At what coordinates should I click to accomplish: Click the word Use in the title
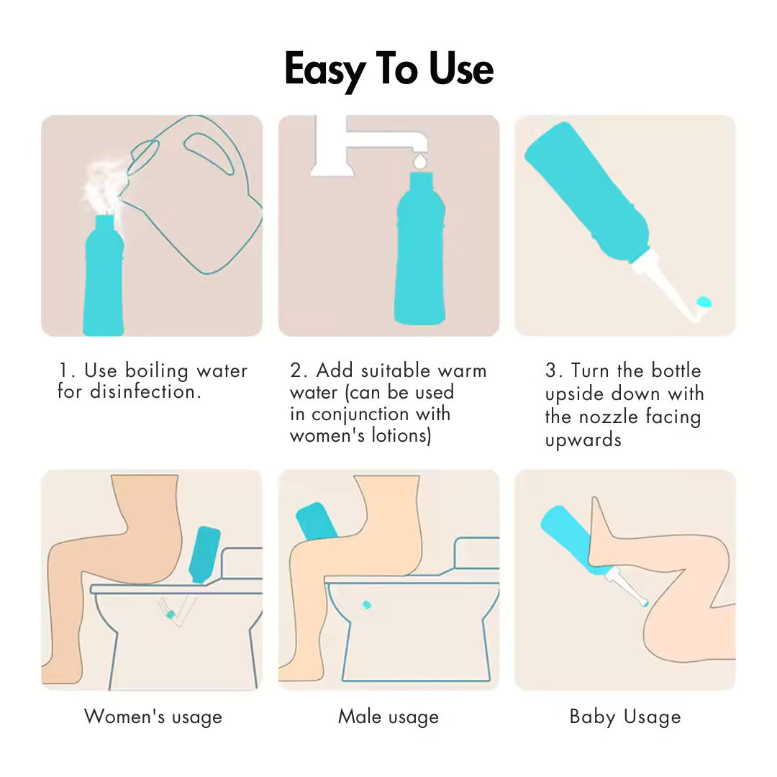tap(461, 69)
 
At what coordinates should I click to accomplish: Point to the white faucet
tap(368, 145)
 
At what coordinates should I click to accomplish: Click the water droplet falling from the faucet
tap(419, 161)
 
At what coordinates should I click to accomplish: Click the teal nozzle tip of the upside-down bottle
tap(704, 301)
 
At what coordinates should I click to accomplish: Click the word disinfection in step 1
tap(145, 391)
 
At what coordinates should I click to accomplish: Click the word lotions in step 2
tap(401, 435)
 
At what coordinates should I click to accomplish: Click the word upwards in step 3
tap(583, 440)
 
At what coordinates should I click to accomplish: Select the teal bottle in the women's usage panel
tap(203, 555)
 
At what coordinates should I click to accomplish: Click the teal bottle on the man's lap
tap(317, 522)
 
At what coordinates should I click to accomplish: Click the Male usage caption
tap(388, 717)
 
